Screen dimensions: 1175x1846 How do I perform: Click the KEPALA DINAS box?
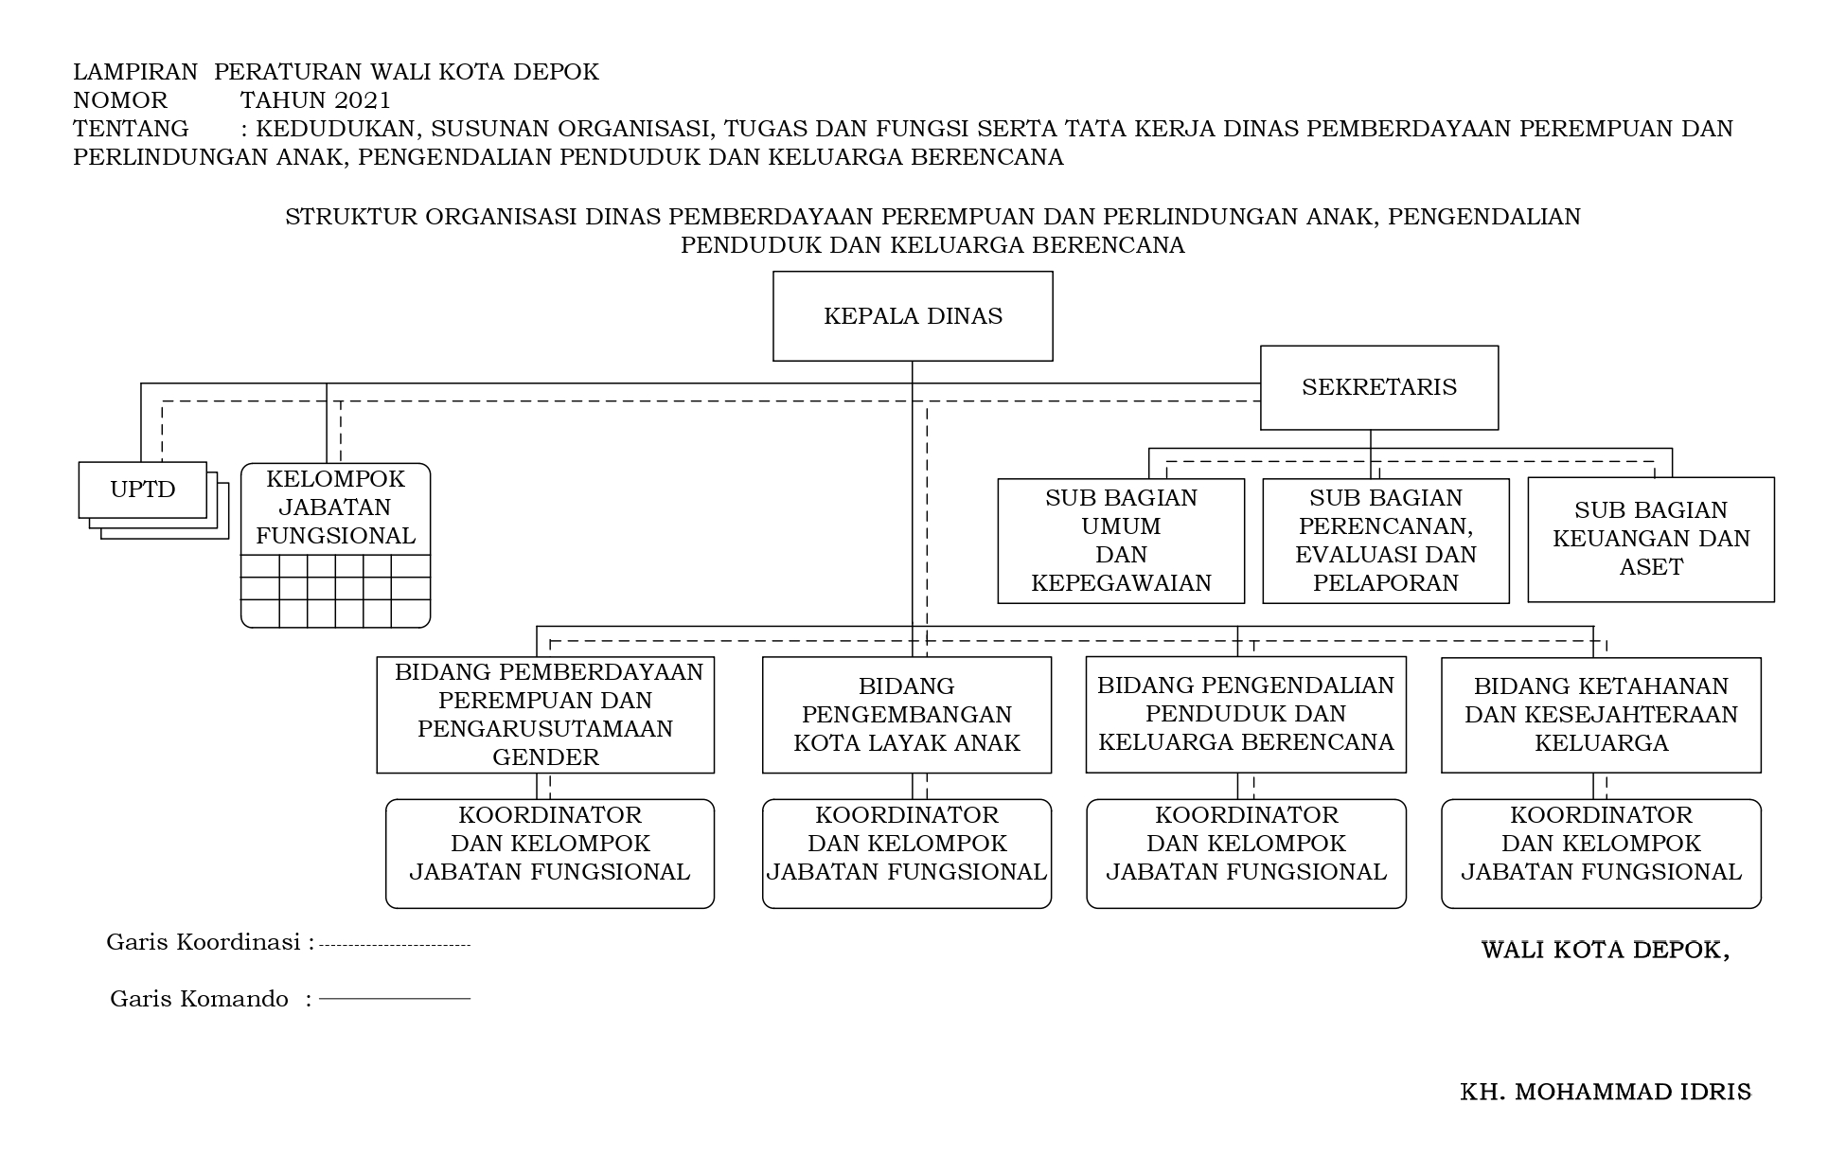(913, 316)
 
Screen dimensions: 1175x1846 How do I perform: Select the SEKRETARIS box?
(1378, 387)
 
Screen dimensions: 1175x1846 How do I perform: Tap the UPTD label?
(143, 490)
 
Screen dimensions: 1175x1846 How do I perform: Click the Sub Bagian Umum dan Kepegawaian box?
(1121, 541)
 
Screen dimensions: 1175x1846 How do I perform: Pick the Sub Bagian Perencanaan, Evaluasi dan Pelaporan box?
(1385, 541)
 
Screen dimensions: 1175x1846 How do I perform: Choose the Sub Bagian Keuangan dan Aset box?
(1650, 539)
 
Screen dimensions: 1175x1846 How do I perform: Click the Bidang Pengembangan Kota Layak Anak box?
(906, 715)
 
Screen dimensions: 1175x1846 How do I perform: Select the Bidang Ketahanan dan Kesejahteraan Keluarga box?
(1601, 715)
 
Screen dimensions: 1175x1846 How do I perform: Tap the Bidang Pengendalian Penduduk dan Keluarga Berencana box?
(1246, 714)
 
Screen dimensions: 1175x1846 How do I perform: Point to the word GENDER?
(546, 757)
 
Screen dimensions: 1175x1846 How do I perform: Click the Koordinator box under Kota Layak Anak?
(906, 853)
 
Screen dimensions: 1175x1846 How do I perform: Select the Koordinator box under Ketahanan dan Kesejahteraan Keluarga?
(1601, 853)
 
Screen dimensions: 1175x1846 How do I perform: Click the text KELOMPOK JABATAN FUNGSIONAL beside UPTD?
(335, 507)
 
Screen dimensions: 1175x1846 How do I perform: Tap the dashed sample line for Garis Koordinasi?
(395, 945)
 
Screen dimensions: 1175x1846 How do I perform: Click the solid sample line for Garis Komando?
(395, 999)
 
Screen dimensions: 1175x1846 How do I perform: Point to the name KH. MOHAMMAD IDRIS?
(1606, 1093)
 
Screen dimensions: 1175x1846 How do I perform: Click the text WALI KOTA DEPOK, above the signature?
(1606, 950)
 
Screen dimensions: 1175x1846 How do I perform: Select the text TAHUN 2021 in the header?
(315, 100)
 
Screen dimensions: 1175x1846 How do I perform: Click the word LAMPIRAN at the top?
(135, 72)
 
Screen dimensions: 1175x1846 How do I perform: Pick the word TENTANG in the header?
(131, 129)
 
